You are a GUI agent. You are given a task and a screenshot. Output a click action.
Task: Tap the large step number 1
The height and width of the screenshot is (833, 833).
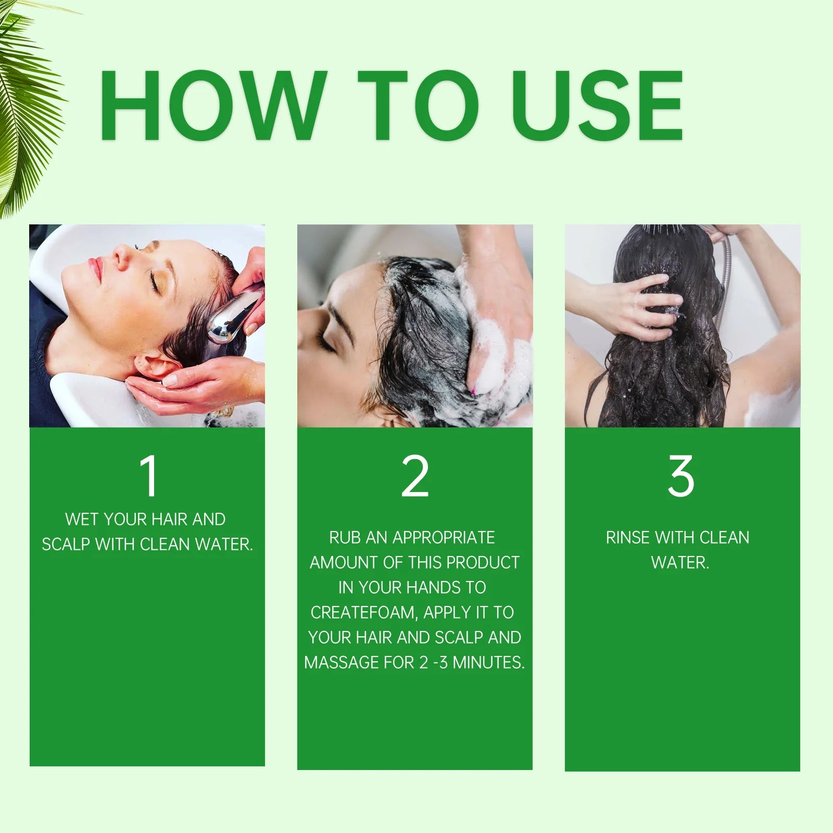(149, 476)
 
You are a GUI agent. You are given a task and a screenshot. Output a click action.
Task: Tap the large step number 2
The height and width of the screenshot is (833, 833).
(415, 476)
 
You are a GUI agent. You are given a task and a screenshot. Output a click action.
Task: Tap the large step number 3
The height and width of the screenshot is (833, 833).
(681, 476)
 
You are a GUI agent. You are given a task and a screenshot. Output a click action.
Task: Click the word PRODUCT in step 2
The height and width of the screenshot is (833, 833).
(483, 563)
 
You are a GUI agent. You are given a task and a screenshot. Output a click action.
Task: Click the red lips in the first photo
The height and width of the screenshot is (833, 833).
(95, 268)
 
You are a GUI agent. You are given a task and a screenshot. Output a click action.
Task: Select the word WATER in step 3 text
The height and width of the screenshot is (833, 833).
(679, 563)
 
